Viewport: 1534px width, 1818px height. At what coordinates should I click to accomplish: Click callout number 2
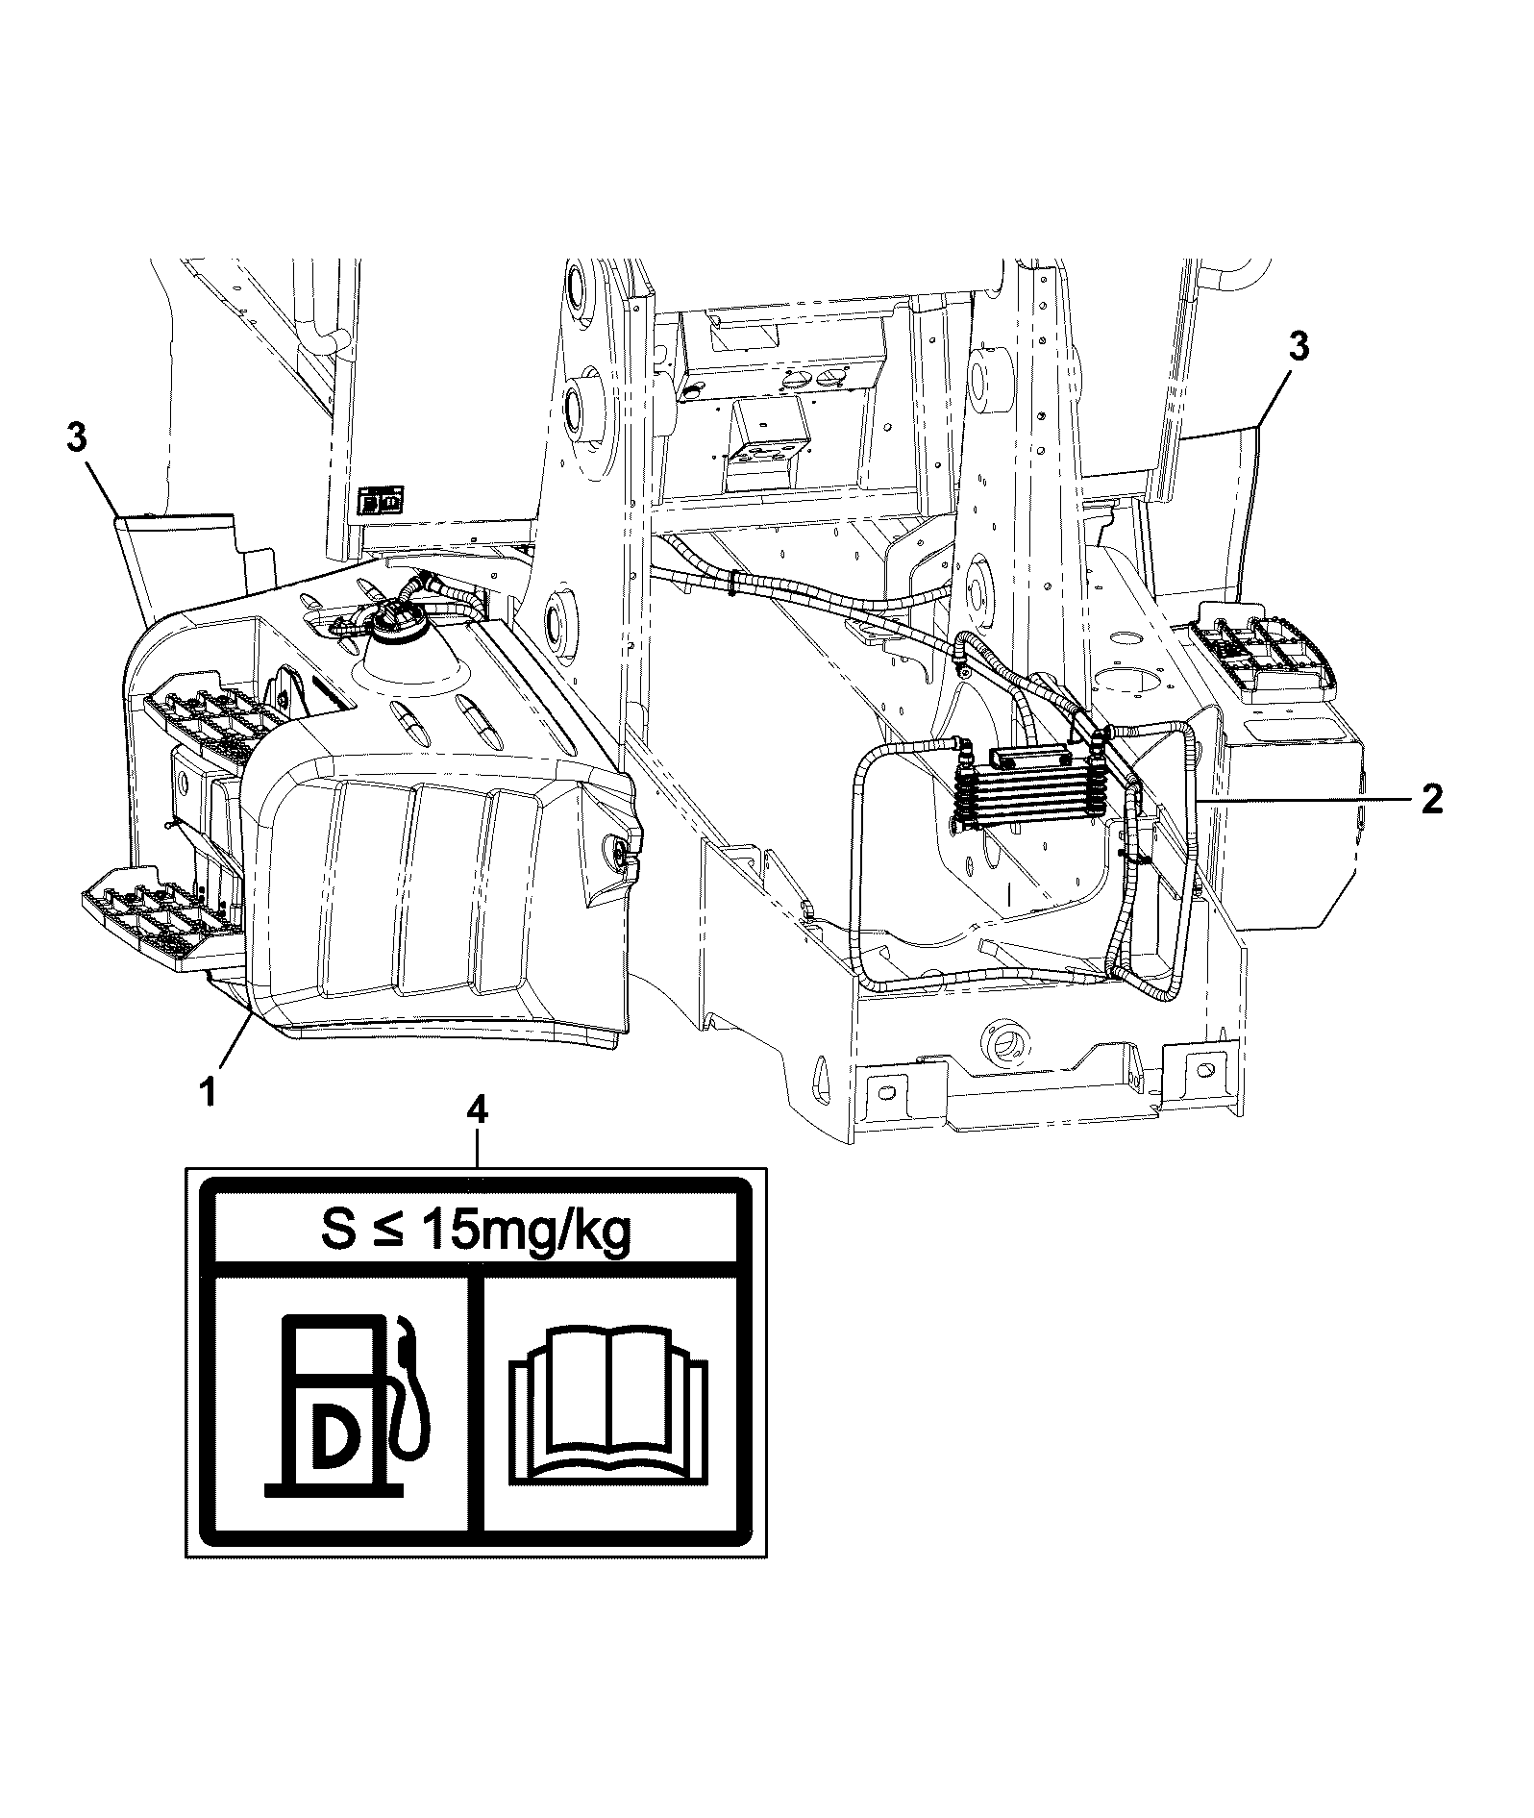pyautogui.click(x=1432, y=799)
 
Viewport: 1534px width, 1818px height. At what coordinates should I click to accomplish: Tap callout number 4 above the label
pyautogui.click(x=476, y=1112)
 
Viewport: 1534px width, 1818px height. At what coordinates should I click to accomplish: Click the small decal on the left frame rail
pyautogui.click(x=381, y=502)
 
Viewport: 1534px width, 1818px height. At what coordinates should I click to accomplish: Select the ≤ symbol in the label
pyautogui.click(x=388, y=1232)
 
